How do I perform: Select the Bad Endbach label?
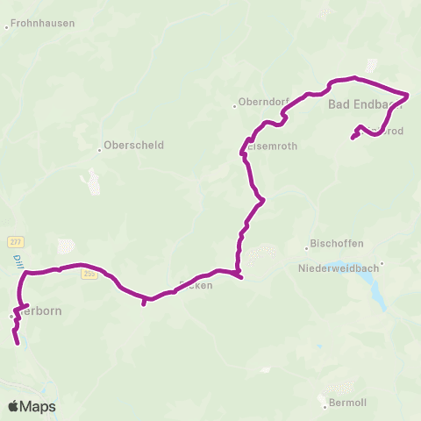(x=361, y=105)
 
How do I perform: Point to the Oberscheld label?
(x=134, y=145)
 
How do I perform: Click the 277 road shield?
(x=15, y=241)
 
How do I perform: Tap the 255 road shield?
(x=89, y=274)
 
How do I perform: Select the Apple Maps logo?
(x=32, y=407)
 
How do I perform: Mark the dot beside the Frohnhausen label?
(x=6, y=27)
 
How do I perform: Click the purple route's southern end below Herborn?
(x=18, y=344)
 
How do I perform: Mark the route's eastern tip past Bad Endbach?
(x=409, y=93)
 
